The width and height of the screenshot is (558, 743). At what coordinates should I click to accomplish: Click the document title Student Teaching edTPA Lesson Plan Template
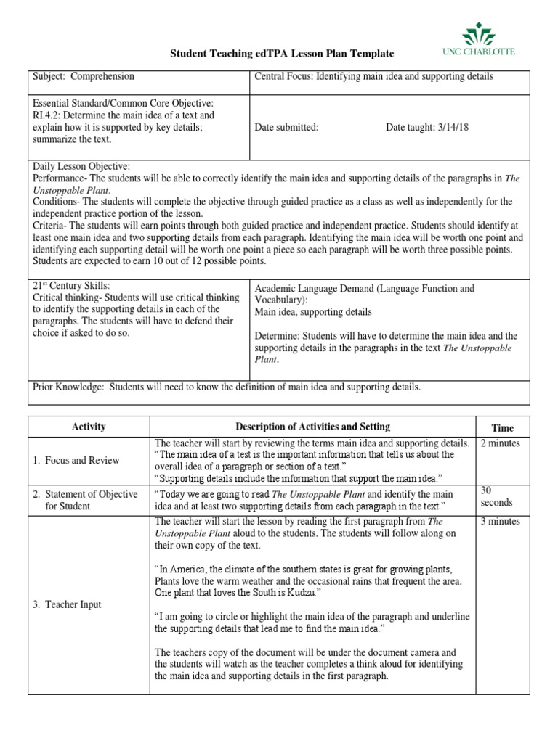coord(282,54)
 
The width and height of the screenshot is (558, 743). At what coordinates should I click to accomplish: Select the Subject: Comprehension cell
coord(84,76)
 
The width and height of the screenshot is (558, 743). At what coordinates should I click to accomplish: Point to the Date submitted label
coord(286,127)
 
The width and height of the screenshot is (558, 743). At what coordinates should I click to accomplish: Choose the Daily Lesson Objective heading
coord(81,166)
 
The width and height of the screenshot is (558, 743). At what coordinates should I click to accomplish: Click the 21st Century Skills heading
coord(70,287)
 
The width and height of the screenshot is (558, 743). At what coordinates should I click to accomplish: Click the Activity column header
coord(89,427)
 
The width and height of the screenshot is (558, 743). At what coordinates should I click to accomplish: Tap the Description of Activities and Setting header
coord(312,427)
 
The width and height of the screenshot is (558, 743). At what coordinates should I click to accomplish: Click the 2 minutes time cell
coord(501,443)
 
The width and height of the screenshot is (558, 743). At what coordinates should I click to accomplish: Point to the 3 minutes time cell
coord(501,521)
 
